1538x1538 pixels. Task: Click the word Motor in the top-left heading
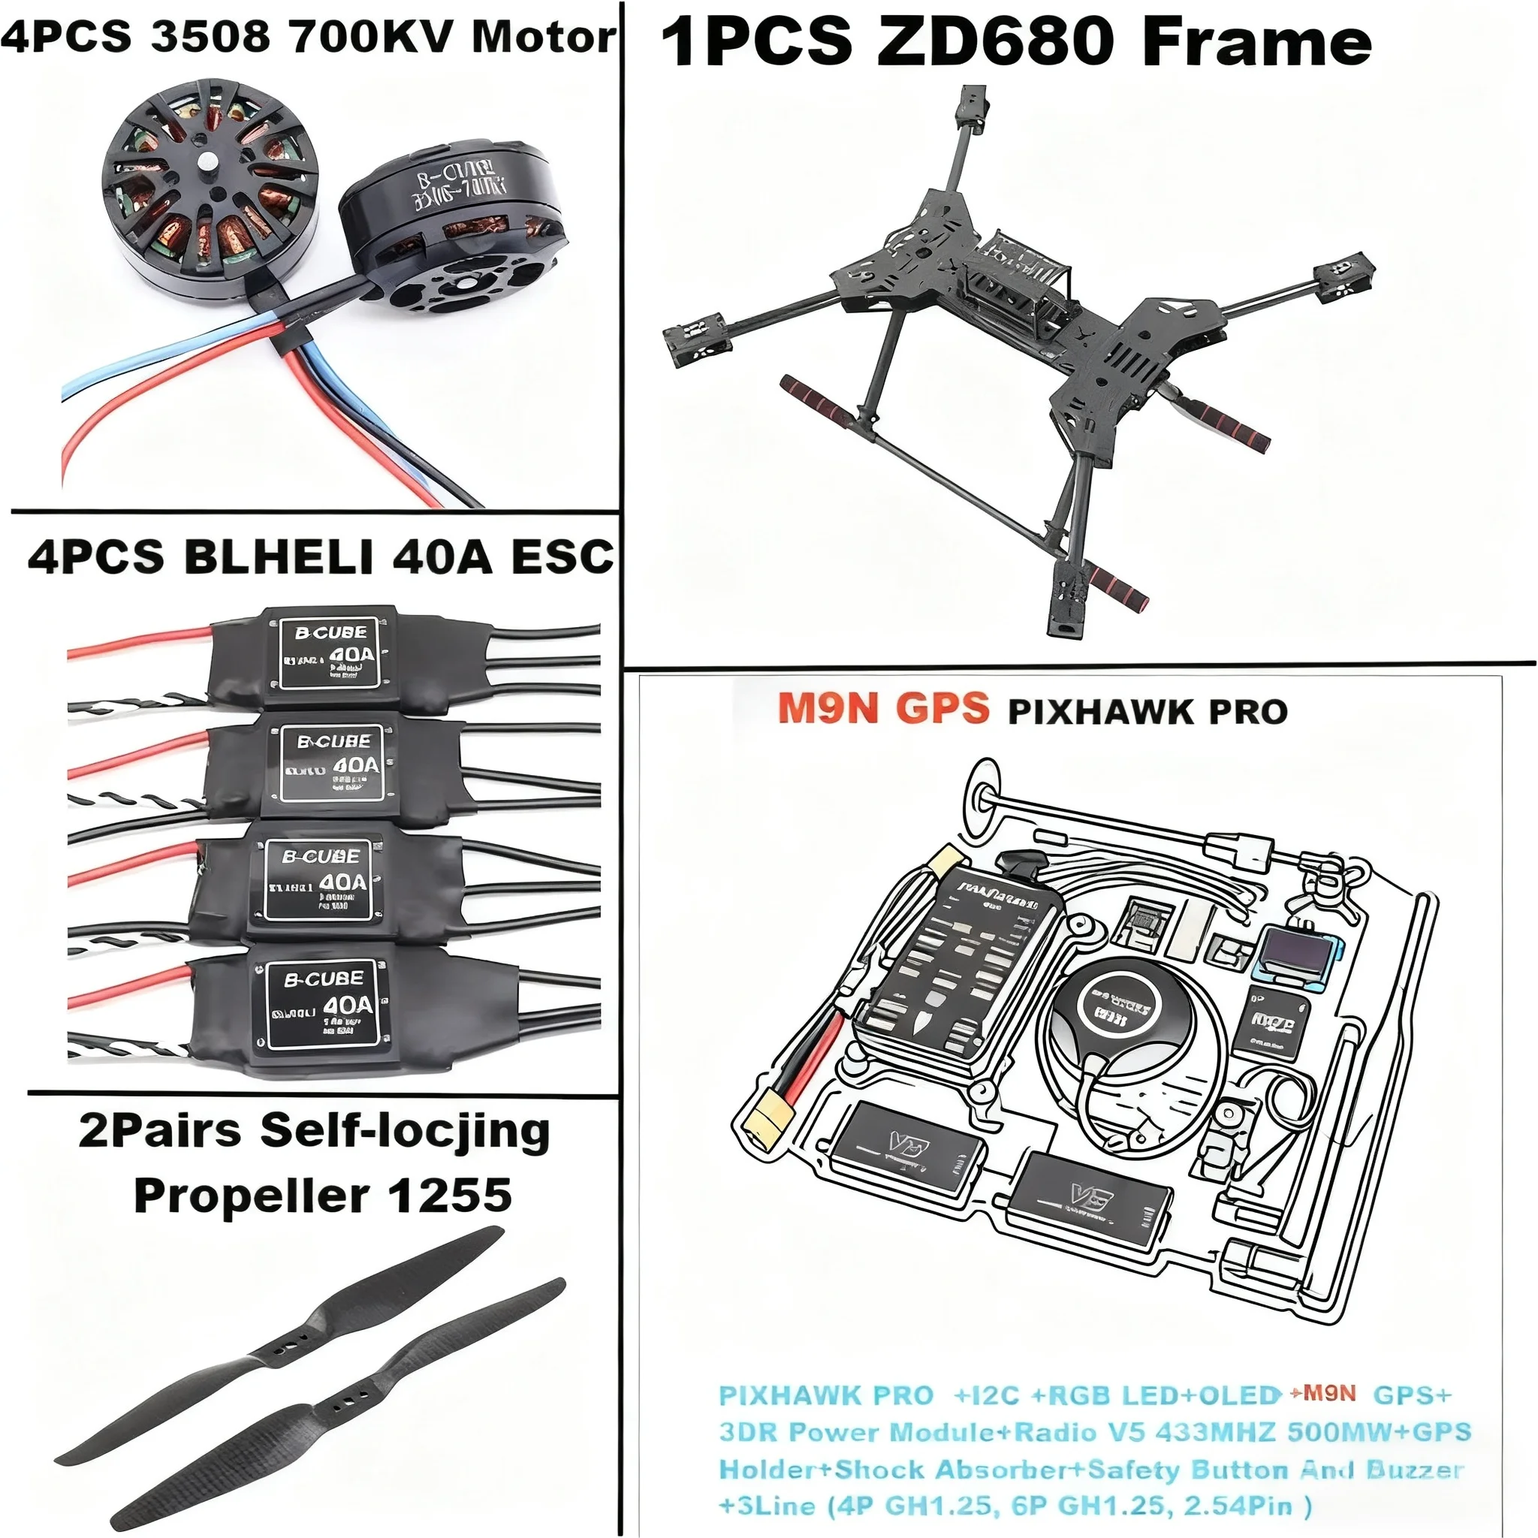tap(544, 37)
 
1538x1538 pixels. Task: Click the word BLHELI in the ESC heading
tap(279, 556)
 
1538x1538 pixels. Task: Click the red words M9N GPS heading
tap(883, 707)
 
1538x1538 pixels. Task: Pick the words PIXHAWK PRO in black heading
tap(1147, 712)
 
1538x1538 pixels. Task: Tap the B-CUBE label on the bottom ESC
tap(324, 979)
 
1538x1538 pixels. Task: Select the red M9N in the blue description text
tap(1328, 1392)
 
